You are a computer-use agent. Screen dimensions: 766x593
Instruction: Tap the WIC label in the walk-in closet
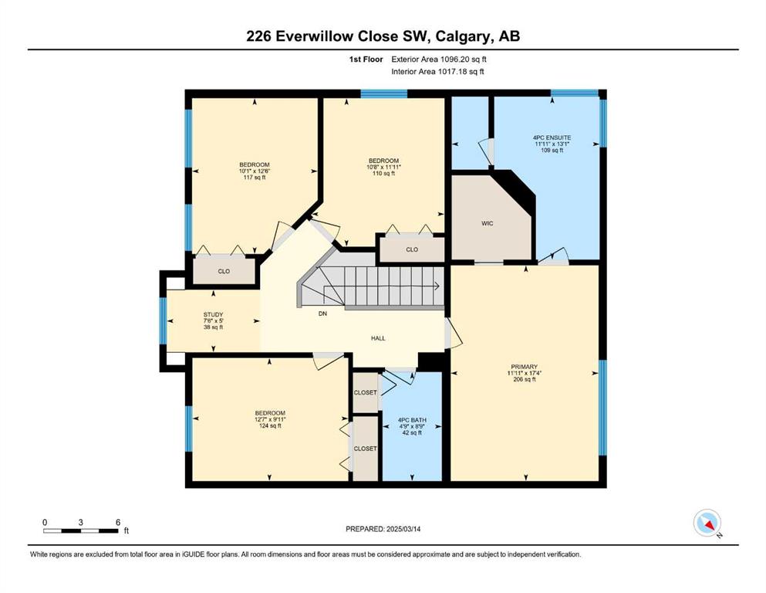coord(487,223)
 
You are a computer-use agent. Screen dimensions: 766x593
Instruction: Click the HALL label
coord(378,338)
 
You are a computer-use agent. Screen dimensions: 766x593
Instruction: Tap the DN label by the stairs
coord(322,313)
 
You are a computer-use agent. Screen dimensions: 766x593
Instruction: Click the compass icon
coord(707,523)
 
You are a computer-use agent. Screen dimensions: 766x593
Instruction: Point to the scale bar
coord(81,530)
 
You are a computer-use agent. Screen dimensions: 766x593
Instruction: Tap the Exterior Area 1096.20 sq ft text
coord(439,59)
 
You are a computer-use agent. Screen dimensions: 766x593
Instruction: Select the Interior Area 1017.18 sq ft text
coord(437,71)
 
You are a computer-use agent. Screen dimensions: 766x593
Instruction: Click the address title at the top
coord(383,36)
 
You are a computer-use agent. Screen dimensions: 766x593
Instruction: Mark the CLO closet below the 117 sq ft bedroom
coord(224,271)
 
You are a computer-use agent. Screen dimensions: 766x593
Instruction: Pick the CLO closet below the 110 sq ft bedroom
coord(412,249)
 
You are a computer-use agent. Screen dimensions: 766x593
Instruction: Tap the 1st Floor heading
coord(366,59)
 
